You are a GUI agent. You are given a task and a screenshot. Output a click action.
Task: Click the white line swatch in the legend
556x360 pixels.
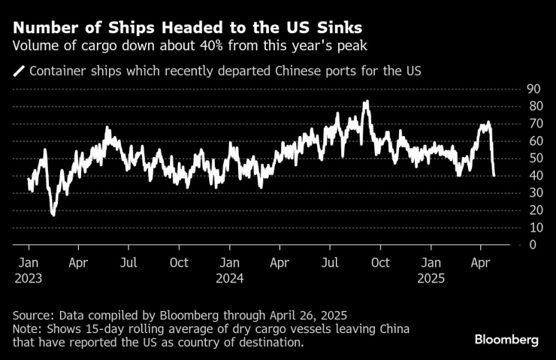coord(18,72)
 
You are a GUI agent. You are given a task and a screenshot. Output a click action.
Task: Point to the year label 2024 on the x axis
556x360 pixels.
coord(231,277)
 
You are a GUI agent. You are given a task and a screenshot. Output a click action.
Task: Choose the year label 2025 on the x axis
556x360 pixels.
coord(431,277)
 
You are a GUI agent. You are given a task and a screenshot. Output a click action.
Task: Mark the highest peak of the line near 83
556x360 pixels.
coord(366,101)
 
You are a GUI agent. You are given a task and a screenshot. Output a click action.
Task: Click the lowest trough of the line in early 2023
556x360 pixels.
coord(53,215)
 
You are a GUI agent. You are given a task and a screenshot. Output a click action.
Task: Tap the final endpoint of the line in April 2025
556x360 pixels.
coord(494,175)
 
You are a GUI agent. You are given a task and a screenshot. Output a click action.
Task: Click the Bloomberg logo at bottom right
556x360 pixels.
coord(506,340)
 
